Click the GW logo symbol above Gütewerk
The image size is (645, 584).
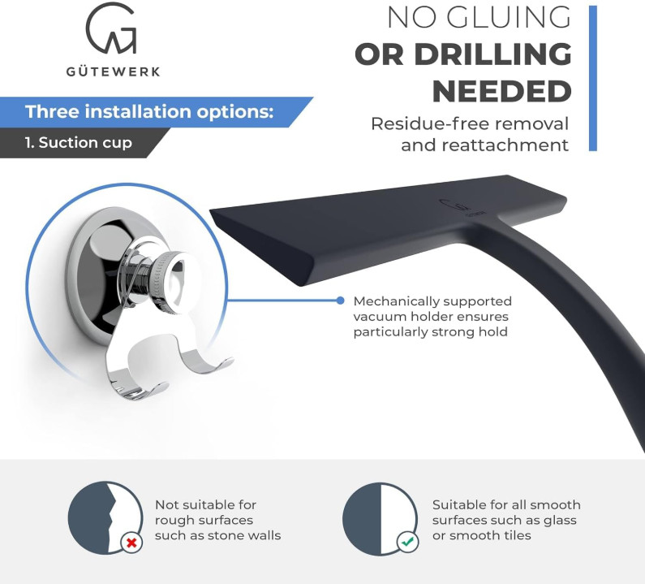click(111, 28)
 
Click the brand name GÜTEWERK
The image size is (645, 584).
click(113, 72)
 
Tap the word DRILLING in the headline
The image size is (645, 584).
click(492, 54)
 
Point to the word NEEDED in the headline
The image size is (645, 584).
click(502, 92)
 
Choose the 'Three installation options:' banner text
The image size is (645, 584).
click(149, 111)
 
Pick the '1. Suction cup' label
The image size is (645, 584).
click(78, 143)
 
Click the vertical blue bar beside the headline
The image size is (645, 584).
click(593, 78)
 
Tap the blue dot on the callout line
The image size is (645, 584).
click(340, 301)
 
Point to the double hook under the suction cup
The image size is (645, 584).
click(165, 366)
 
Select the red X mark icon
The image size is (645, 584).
click(131, 543)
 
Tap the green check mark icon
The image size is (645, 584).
click(407, 543)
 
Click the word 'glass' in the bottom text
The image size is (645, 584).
click(560, 521)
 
